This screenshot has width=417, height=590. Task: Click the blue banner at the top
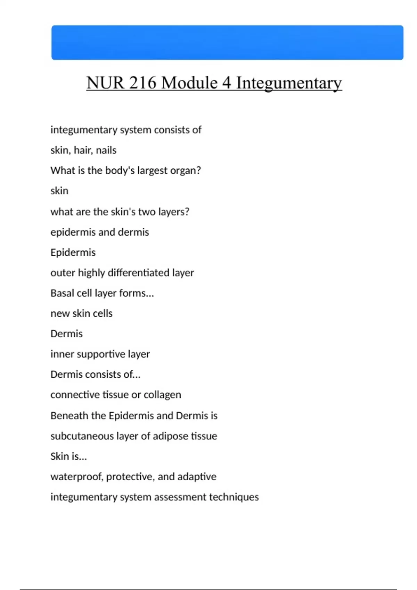point(227,42)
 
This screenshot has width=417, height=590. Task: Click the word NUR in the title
point(105,83)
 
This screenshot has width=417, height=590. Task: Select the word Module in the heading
point(189,83)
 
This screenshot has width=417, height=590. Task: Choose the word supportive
point(101,354)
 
